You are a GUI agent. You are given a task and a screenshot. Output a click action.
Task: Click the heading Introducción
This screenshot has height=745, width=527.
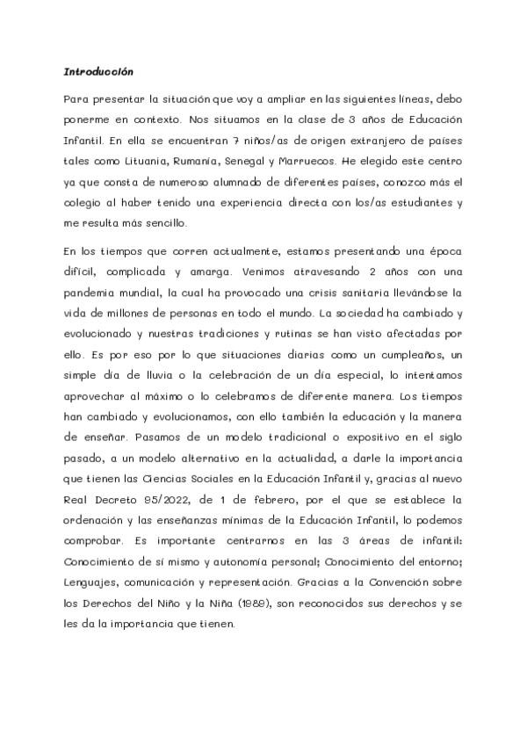tap(97, 71)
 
